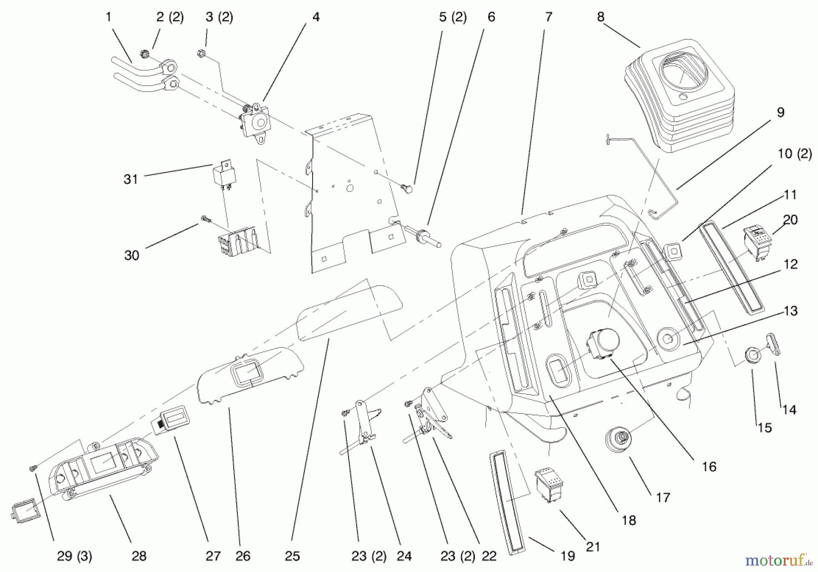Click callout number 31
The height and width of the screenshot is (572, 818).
tap(130, 179)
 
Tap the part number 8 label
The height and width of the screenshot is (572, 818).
tap(600, 17)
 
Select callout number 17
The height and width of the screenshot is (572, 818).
tap(663, 498)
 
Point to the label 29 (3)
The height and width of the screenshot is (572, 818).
tap(75, 556)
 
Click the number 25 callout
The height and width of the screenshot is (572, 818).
tap(292, 556)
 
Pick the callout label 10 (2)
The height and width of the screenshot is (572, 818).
tap(794, 154)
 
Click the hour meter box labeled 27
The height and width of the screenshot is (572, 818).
tap(170, 420)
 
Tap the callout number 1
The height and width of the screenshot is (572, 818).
tap(108, 17)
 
